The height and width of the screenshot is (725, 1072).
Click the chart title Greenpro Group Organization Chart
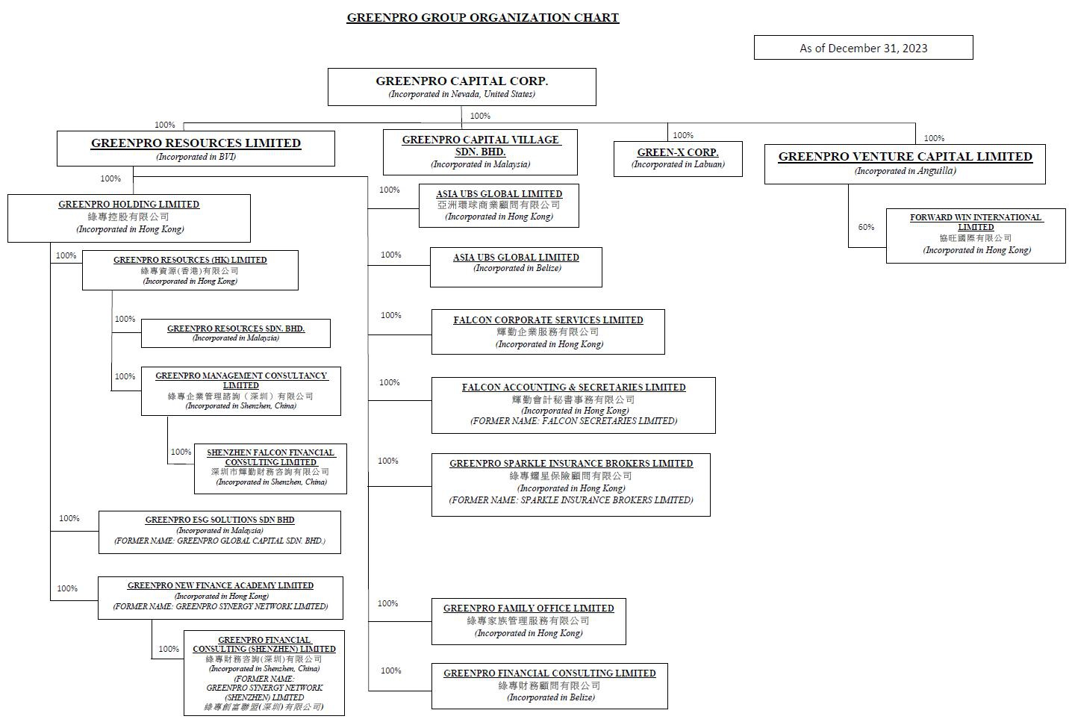(482, 18)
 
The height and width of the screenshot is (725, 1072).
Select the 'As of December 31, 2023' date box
(863, 48)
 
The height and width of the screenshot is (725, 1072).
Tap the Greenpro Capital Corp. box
(461, 87)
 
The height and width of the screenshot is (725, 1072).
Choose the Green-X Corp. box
(678, 158)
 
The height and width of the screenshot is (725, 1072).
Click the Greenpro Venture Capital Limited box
(905, 164)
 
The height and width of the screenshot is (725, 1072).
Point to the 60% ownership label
(866, 227)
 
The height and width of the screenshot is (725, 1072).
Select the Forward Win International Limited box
(976, 235)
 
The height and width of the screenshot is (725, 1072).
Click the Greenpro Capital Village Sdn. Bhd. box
(480, 152)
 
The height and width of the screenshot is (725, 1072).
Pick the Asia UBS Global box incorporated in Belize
(516, 267)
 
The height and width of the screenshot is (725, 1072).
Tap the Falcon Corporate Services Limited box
(548, 332)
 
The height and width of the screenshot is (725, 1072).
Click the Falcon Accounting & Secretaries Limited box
(573, 405)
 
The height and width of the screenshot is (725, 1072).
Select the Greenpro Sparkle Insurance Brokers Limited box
(570, 484)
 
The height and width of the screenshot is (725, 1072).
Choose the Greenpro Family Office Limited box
(529, 620)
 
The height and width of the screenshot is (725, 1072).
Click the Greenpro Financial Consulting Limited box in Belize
(549, 685)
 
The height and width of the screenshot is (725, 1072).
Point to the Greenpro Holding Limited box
(129, 218)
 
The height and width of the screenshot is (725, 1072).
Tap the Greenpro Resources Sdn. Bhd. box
(236, 333)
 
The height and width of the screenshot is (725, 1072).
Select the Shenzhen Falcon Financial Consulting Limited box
(270, 468)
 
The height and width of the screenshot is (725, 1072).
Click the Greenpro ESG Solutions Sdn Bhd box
(219, 532)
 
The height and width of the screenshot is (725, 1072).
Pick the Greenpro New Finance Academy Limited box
(220, 597)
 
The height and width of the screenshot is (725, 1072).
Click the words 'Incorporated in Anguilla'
(905, 171)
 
